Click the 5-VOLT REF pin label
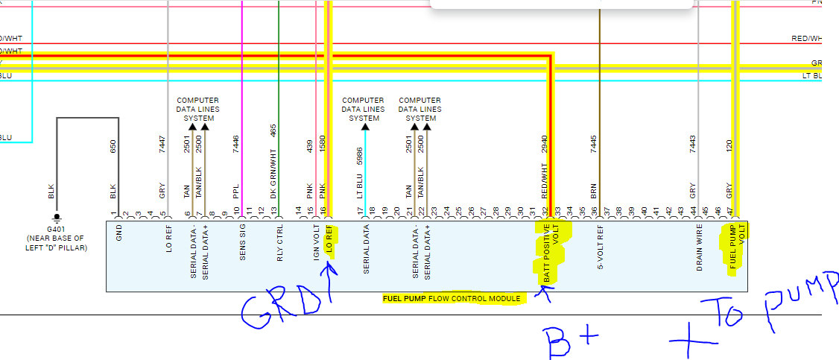tap(600, 247)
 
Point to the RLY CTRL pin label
tap(279, 241)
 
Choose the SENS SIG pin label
tap(243, 242)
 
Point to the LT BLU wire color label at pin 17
tap(359, 186)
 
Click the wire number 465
tap(273, 130)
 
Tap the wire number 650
tap(113, 147)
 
